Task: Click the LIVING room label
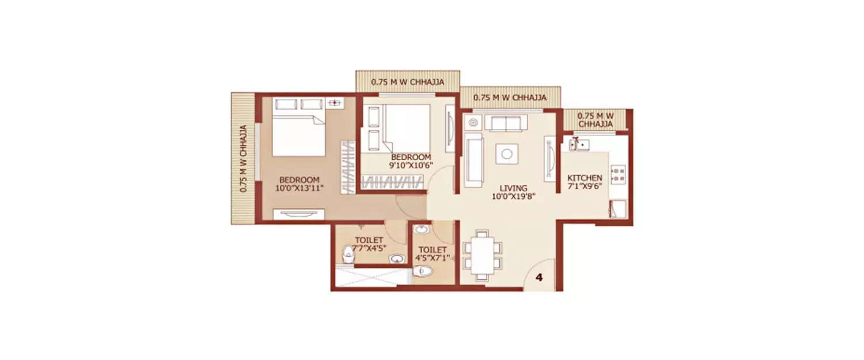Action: (x=513, y=188)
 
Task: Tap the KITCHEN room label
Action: (x=585, y=178)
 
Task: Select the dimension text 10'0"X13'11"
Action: (x=298, y=188)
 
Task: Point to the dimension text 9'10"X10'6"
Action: (x=411, y=166)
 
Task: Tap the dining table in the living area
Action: (x=483, y=255)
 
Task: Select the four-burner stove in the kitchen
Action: (x=617, y=175)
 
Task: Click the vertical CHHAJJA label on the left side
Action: (x=243, y=158)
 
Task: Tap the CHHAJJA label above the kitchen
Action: (x=596, y=120)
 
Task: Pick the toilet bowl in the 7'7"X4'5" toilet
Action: (x=348, y=254)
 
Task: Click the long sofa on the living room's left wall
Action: (x=473, y=160)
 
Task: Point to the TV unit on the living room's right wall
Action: (x=550, y=158)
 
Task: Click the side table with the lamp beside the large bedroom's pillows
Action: (x=334, y=104)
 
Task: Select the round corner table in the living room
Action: (x=473, y=122)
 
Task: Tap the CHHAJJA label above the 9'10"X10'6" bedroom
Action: (x=407, y=82)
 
